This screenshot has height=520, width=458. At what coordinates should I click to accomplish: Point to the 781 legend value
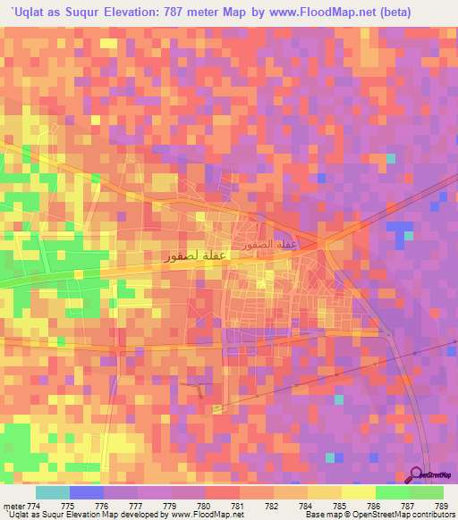click(238, 506)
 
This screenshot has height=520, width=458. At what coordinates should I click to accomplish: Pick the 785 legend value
click(341, 506)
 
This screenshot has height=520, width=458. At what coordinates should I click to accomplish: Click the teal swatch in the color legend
click(53, 492)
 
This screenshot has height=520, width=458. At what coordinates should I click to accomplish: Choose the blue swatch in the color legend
click(87, 492)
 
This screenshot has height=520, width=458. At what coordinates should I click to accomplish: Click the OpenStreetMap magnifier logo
click(416, 474)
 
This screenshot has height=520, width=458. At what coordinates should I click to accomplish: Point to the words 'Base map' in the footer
click(321, 515)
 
